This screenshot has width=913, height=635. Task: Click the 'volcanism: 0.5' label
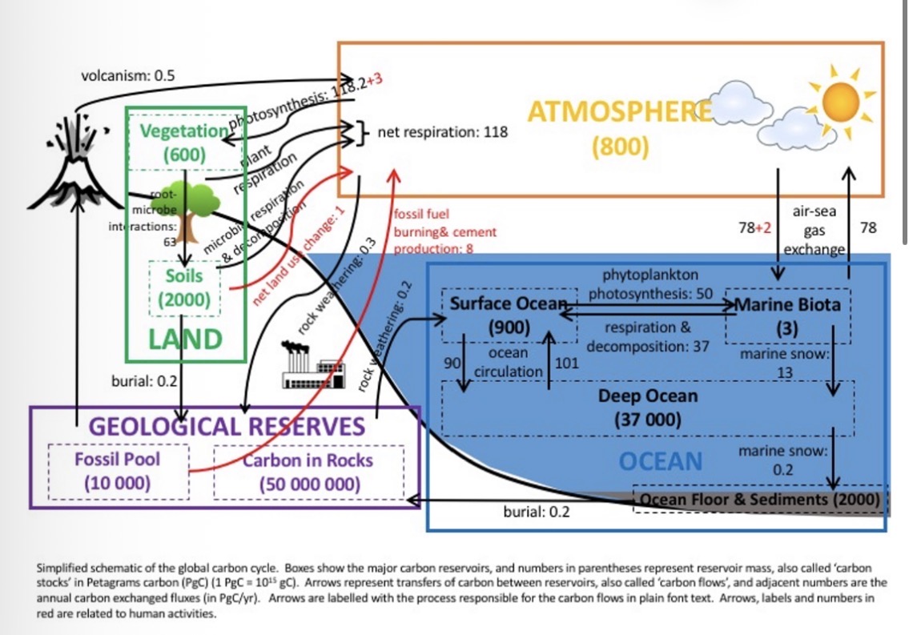pos(128,76)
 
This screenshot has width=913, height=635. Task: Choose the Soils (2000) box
pos(185,288)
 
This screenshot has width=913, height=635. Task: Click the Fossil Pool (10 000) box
pos(118,472)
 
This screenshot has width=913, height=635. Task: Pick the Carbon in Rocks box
pos(308,472)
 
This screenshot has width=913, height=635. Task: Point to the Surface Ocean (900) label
pos(506,315)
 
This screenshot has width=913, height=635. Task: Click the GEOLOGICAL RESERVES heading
pos(226,425)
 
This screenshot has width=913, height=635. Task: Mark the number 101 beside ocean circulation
pos(567,363)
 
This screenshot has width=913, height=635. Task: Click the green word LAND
pos(185,339)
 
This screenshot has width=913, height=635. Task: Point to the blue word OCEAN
pos(661,461)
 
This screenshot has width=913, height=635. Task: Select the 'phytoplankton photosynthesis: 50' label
pos(650,284)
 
